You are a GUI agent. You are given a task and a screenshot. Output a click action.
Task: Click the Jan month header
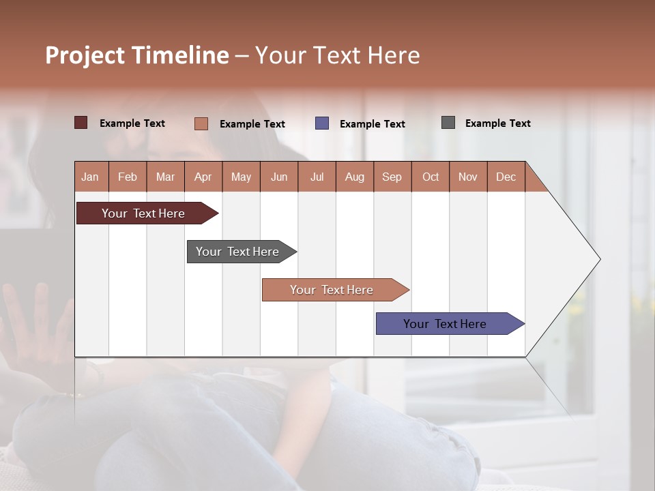90,177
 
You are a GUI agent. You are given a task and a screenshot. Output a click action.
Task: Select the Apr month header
203,177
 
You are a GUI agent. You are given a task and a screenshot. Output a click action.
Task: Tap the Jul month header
317,177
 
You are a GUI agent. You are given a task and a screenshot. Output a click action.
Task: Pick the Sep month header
392,177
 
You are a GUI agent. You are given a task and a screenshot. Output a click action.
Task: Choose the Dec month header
506,177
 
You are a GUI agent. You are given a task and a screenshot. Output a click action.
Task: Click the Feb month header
128,177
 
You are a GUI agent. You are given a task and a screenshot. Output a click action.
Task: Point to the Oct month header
431,177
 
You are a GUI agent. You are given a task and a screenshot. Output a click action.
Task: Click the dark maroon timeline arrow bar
143,213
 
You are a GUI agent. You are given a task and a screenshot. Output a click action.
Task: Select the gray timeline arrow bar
237,252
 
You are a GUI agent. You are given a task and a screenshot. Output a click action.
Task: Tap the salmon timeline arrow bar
332,290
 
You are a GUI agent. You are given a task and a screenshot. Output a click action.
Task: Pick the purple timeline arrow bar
445,324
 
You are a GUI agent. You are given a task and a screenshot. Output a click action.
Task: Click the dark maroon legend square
81,123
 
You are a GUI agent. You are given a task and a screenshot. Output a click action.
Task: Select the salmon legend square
201,123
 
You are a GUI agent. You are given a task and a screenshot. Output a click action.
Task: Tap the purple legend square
322,123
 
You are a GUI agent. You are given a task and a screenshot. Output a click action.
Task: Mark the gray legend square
448,123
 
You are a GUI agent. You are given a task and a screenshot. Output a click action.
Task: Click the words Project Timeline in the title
137,55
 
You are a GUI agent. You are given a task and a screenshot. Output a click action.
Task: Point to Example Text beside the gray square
497,123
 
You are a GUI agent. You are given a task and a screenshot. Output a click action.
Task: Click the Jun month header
279,177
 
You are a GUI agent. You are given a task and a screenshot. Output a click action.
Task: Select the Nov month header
468,177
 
